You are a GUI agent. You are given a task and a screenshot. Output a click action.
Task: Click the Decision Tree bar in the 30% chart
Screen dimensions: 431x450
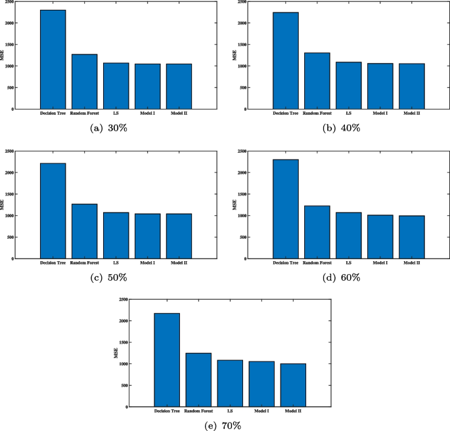pos(53,59)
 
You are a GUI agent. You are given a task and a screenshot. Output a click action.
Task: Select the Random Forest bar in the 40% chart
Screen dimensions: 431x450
pos(317,81)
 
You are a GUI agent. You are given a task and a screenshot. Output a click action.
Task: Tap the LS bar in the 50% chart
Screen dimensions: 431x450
pos(116,235)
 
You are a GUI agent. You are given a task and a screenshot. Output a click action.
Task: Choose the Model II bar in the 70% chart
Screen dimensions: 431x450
pos(293,385)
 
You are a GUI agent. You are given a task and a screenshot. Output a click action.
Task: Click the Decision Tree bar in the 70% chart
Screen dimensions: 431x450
pos(167,359)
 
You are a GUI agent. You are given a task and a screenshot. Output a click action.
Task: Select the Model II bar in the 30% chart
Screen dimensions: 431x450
pos(179,86)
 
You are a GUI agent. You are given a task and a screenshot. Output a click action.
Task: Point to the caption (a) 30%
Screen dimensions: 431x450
pos(109,128)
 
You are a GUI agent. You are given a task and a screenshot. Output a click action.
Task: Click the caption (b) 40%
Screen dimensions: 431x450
pos(342,128)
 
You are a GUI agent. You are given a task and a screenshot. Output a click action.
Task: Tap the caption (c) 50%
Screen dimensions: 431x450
pos(109,277)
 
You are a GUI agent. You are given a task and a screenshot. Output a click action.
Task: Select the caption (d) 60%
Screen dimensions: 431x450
pos(342,277)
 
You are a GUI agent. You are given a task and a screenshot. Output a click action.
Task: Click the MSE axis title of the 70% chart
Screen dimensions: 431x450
pos(116,353)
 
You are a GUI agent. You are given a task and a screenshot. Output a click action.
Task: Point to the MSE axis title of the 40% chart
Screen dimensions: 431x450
pos(235,55)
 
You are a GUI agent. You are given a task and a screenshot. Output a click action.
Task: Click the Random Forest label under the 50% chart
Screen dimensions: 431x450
pos(84,263)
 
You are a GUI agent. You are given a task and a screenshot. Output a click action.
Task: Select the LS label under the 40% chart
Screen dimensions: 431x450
pos(348,113)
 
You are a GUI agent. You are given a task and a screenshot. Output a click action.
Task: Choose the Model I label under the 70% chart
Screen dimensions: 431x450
pos(261,411)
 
